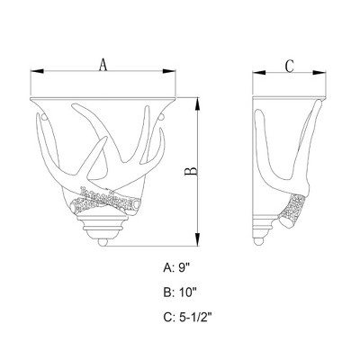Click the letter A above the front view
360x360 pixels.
[103, 65]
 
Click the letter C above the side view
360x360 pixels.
[289, 67]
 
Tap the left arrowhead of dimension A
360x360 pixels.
[37, 71]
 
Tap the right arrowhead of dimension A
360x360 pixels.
[168, 71]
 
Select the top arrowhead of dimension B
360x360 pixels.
[197, 104]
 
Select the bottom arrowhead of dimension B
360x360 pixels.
[197, 240]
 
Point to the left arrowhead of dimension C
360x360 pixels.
[259, 72]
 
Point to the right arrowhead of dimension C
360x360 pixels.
[319, 72]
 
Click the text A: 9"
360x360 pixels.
[178, 267]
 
